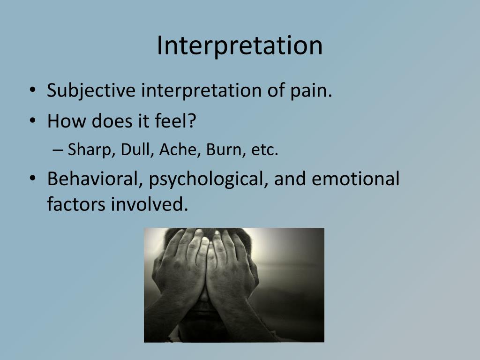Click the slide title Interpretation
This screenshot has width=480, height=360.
240,45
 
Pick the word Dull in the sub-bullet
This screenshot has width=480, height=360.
133,150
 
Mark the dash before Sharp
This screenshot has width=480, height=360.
58,151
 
